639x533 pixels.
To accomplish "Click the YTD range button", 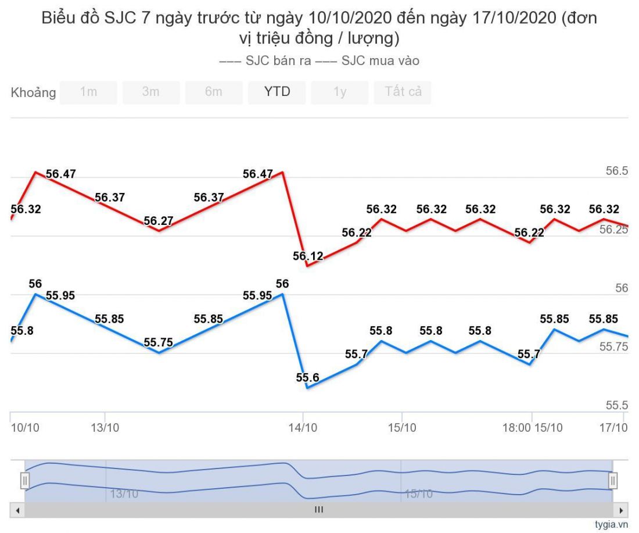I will click(277, 92).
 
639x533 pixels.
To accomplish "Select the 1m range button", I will click(88, 92).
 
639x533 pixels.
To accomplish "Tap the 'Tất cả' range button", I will click(403, 92).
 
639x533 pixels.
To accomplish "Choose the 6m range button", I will click(214, 92).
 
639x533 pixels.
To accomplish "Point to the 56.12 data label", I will click(308, 256).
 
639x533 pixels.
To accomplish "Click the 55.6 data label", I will click(307, 377).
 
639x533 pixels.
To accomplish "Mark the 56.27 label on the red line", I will click(158, 221).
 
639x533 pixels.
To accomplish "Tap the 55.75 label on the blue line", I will click(158, 342).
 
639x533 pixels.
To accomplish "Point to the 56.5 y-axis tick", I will click(617, 171).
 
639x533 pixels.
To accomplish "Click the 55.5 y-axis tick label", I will click(617, 405).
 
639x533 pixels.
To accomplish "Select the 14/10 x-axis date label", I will click(304, 428).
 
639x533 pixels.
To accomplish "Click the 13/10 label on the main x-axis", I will click(105, 428).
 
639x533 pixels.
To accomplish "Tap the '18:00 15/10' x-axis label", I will click(533, 428).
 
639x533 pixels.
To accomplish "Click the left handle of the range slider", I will click(24, 481).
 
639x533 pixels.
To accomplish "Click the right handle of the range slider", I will click(613, 481).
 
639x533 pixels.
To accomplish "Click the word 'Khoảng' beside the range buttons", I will click(33, 92).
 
